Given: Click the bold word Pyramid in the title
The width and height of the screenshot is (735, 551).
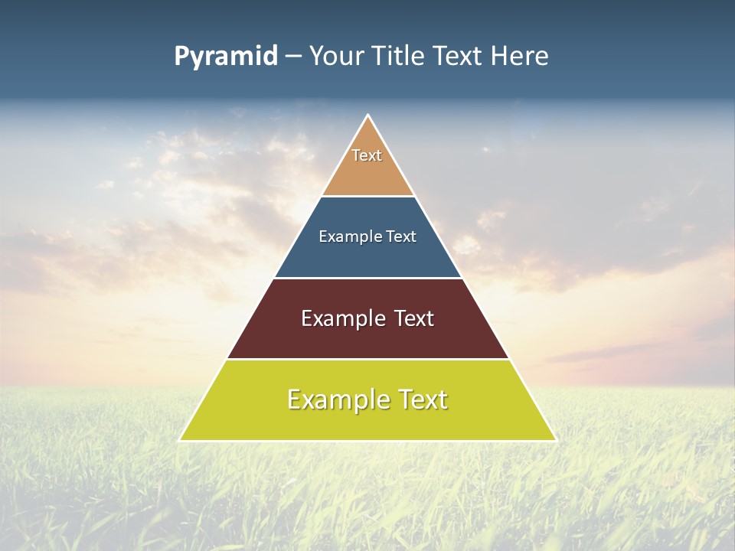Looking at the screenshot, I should [225, 57].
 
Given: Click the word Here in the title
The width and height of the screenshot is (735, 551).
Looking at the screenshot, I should [520, 57].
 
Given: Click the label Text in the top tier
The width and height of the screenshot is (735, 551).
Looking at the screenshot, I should [367, 155].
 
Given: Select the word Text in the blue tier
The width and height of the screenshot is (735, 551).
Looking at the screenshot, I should [402, 236].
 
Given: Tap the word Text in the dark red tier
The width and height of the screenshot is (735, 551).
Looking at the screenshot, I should [414, 318].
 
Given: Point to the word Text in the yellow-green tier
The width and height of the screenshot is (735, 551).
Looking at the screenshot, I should [422, 399].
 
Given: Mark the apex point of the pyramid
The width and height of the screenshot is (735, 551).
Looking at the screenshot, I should [367, 116].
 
